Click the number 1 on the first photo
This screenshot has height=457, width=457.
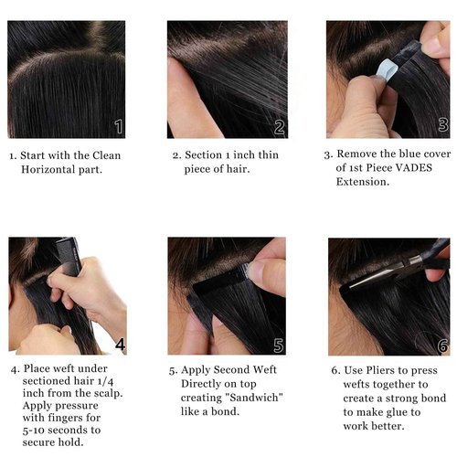coord(118,126)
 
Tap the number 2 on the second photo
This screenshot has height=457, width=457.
coord(280,126)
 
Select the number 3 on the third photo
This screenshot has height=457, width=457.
coord(442,125)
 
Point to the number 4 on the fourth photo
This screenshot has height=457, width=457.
coord(119,344)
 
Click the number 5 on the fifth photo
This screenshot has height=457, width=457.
coord(279,345)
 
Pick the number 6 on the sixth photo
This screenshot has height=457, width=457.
coord(442,345)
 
